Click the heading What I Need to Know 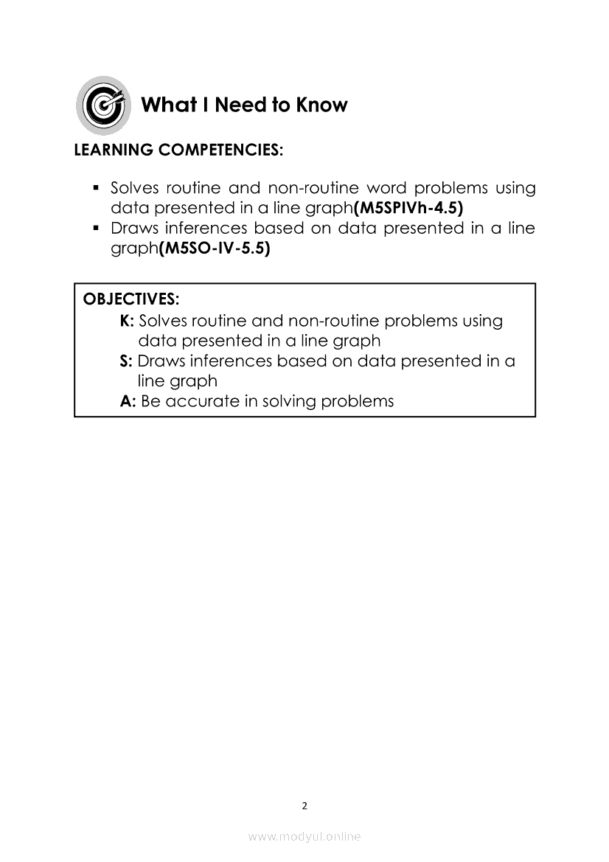point(243,105)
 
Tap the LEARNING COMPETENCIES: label point(178,150)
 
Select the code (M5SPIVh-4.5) point(408,209)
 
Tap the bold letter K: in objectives point(126,321)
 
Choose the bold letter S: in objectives point(125,361)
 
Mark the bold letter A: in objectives point(128,401)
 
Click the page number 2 point(304,805)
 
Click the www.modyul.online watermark point(304,836)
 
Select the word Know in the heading point(321,105)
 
